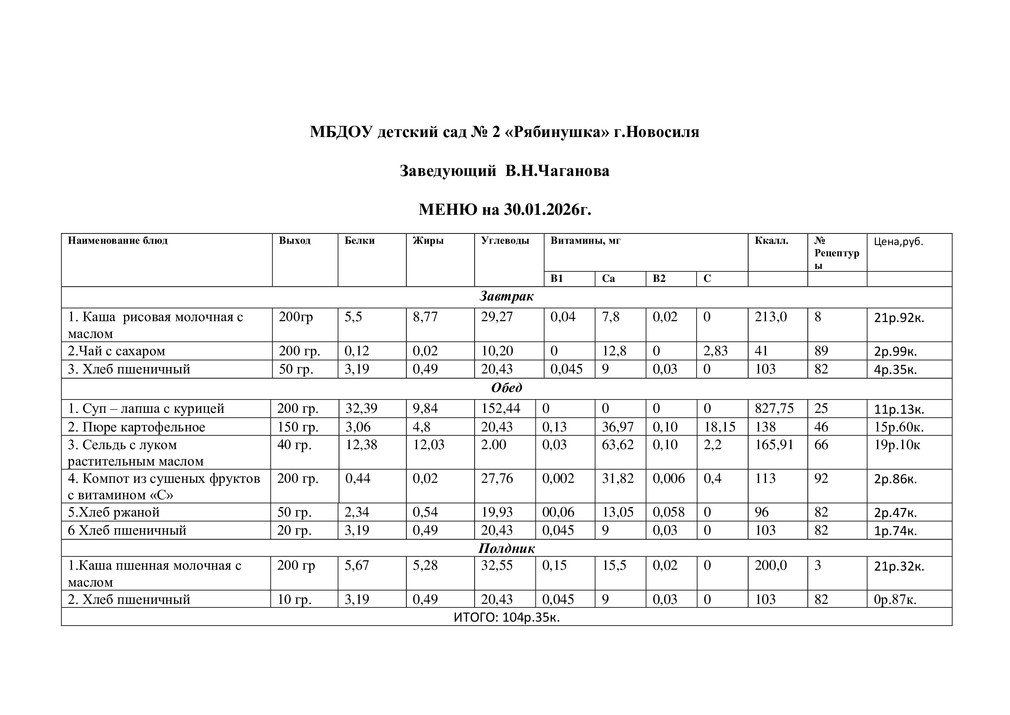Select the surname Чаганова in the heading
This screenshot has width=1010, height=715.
[573, 171]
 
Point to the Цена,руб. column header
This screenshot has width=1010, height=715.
[898, 242]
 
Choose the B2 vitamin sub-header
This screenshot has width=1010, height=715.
[659, 279]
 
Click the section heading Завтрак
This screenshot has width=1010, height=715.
[507, 296]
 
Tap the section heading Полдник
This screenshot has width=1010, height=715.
[507, 548]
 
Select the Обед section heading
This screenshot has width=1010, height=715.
[507, 388]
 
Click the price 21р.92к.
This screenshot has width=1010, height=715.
[899, 318]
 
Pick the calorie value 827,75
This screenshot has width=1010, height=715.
[774, 409]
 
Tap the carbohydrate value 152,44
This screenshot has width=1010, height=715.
[500, 409]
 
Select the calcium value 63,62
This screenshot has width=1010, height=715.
[617, 445]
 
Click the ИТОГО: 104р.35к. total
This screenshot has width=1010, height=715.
[507, 617]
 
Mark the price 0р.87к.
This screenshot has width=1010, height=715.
[895, 600]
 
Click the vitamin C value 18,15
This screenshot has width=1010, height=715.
[719, 427]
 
